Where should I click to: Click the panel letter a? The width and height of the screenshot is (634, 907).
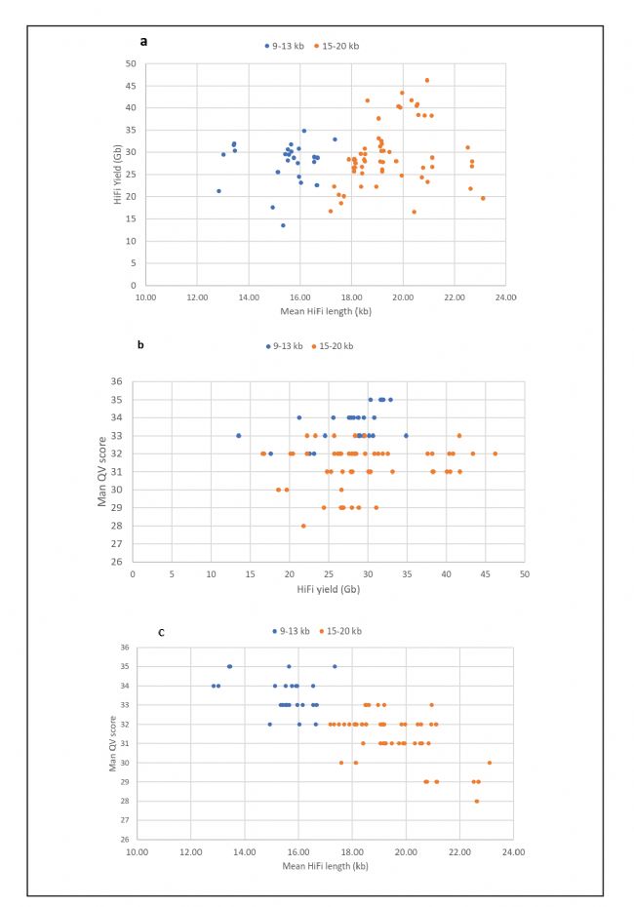pyautogui.click(x=144, y=41)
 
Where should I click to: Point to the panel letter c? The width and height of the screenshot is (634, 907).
pyautogui.click(x=161, y=632)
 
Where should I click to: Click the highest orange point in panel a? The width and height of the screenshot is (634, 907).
pyautogui.click(x=426, y=80)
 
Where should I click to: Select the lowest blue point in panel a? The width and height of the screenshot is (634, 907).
pyautogui.click(x=283, y=225)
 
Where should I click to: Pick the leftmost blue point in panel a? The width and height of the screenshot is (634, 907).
pyautogui.click(x=218, y=191)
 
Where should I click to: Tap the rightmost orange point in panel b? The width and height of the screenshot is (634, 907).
pyautogui.click(x=495, y=453)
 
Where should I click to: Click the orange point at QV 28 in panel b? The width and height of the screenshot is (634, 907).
pyautogui.click(x=303, y=526)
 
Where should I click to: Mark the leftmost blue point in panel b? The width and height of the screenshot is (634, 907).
pyautogui.click(x=238, y=435)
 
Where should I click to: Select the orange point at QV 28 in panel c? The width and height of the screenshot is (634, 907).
pyautogui.click(x=476, y=801)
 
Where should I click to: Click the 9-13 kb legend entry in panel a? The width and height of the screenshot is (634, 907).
pyautogui.click(x=283, y=46)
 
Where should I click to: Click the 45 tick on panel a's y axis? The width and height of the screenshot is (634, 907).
pyautogui.click(x=129, y=86)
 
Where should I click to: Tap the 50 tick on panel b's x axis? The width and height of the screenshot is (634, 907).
pyautogui.click(x=524, y=574)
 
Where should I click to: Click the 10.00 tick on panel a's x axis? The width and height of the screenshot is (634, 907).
pyautogui.click(x=145, y=296)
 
